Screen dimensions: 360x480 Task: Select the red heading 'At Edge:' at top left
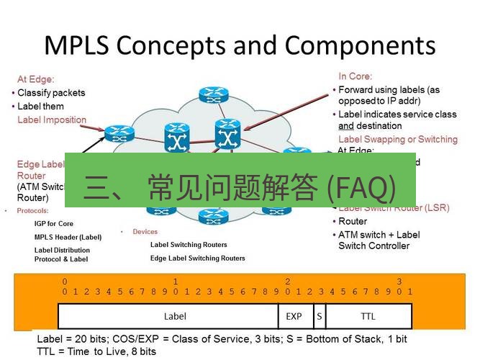click(36, 79)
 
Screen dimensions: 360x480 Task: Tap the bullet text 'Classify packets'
click(51, 93)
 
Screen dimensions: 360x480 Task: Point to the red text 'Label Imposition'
click(52, 120)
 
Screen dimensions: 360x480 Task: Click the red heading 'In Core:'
click(356, 76)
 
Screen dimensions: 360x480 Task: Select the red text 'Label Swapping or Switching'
click(397, 139)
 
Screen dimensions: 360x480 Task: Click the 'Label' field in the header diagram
click(175, 316)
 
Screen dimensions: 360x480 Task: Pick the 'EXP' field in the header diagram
click(294, 316)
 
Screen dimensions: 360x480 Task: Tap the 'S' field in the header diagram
click(319, 316)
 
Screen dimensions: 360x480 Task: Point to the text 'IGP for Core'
click(54, 224)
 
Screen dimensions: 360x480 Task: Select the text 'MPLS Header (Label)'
click(68, 237)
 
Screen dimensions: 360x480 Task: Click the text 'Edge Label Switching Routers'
click(197, 258)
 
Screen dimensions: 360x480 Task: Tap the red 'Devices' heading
click(145, 232)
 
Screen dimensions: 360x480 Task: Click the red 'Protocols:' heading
click(32, 211)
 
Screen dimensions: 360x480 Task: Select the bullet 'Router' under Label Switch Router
click(353, 222)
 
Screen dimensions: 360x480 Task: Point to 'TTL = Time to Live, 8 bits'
click(96, 351)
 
